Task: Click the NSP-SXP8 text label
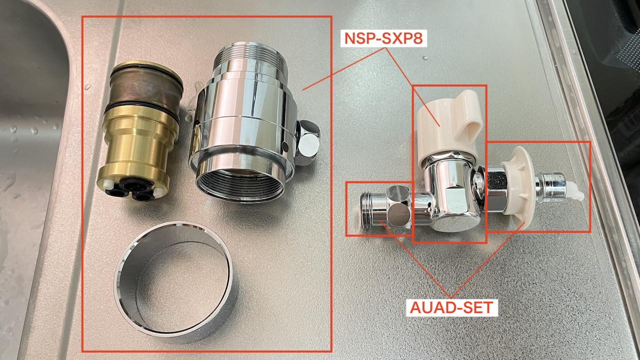tap(383, 38)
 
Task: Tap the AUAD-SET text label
tap(451, 307)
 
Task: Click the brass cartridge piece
tap(140, 130)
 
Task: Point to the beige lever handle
tap(448, 125)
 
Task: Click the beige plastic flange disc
tap(517, 184)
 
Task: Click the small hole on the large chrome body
tap(285, 147)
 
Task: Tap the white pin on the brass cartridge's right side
tap(157, 192)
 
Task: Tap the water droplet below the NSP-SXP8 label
tap(425, 58)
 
